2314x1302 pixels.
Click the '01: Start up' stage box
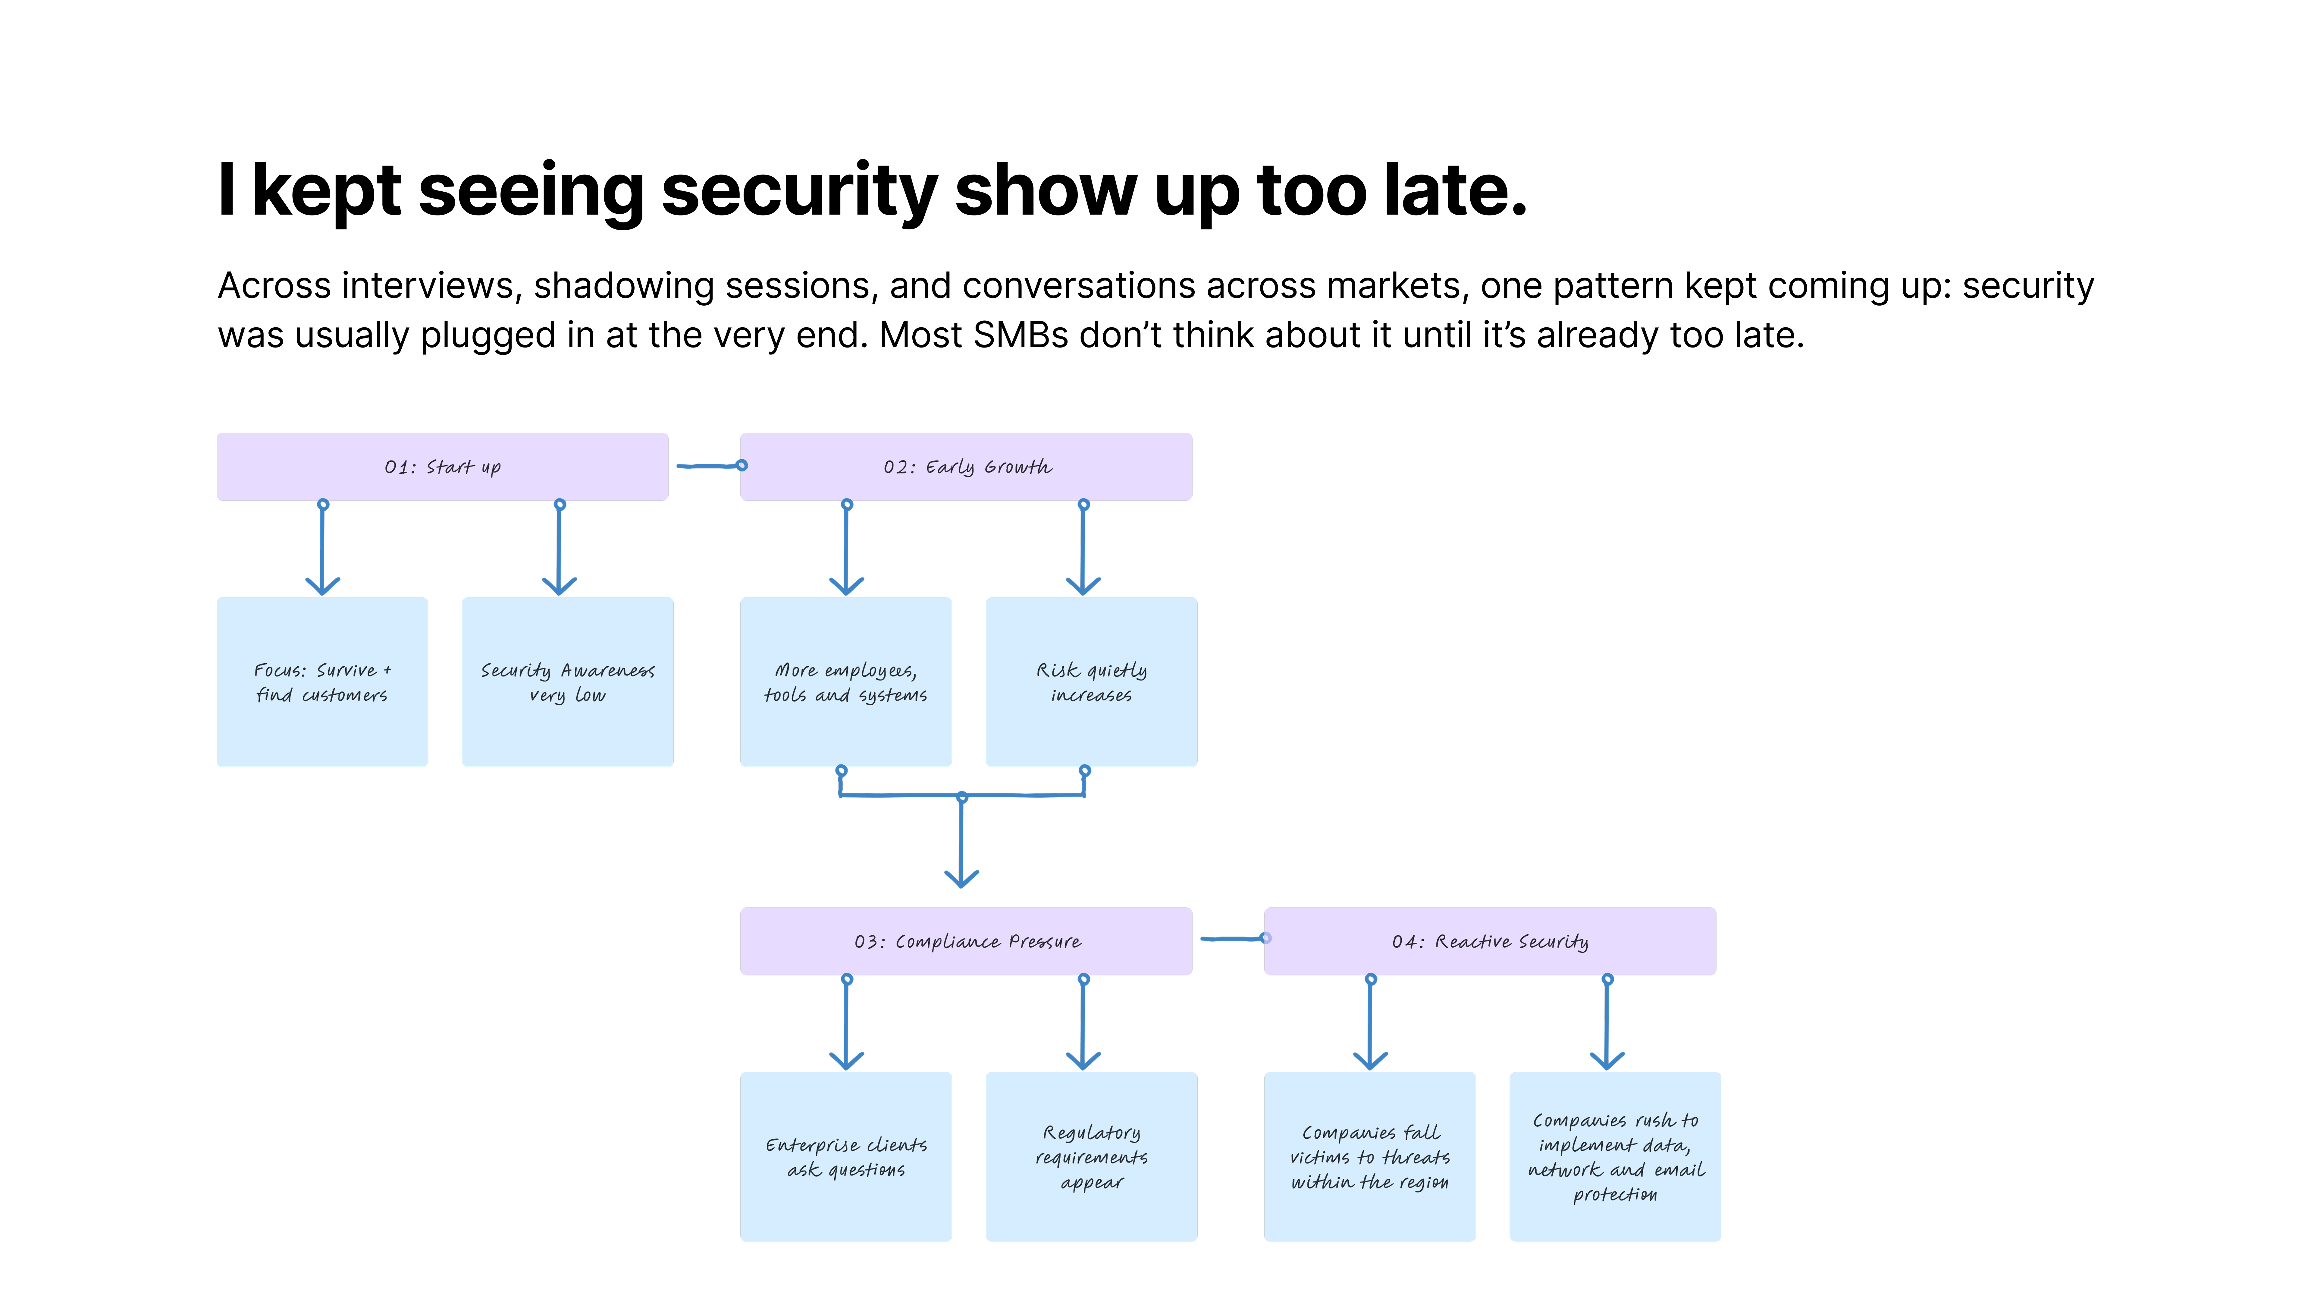click(x=442, y=466)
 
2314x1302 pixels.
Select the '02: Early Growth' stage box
click(x=966, y=466)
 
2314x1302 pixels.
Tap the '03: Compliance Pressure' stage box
click(x=966, y=941)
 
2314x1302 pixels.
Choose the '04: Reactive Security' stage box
click(x=1489, y=941)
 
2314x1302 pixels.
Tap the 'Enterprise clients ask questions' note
click(x=845, y=1156)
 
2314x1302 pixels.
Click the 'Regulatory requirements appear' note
click(x=1090, y=1156)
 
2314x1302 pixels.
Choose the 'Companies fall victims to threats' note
click(x=1369, y=1156)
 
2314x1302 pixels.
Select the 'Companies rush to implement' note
click(x=1614, y=1156)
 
